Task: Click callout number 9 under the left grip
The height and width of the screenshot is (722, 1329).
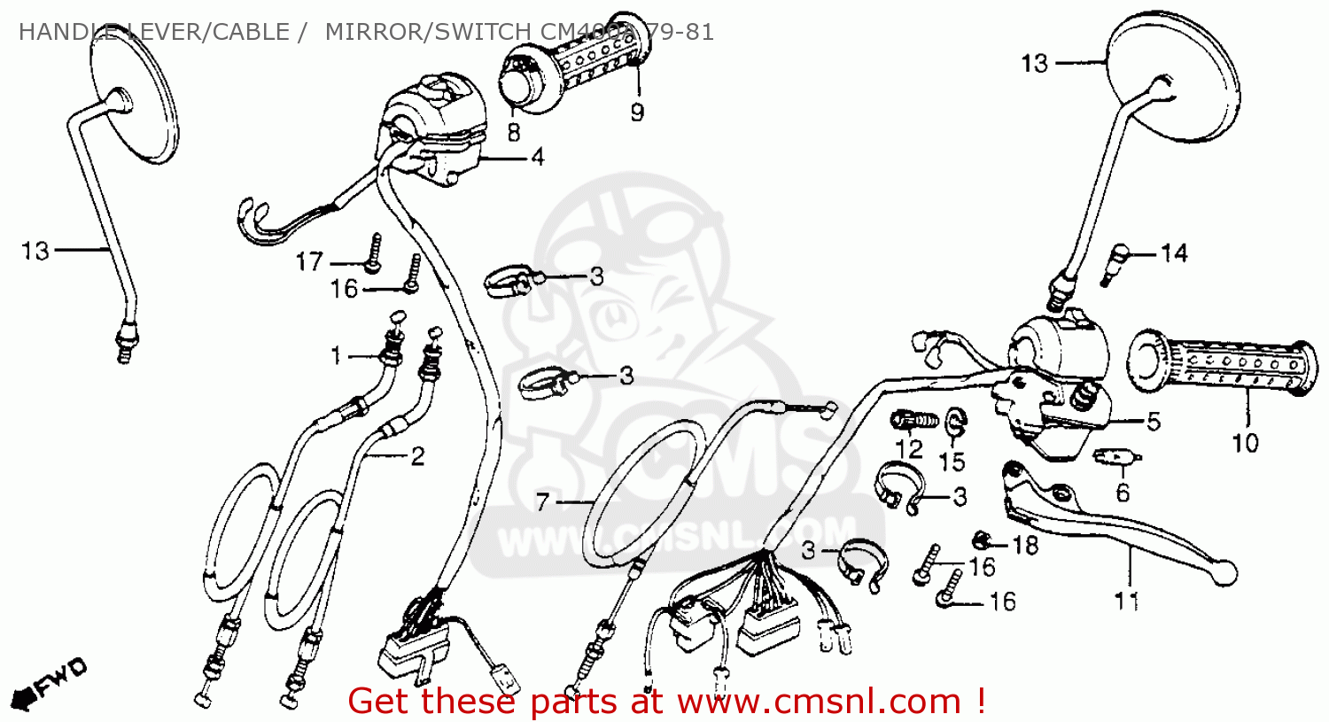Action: (637, 113)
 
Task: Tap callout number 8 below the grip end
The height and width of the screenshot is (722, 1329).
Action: (514, 132)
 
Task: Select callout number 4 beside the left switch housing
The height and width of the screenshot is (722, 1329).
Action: (538, 158)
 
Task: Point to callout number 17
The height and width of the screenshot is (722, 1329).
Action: (309, 262)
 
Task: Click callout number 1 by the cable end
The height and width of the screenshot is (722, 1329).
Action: (336, 356)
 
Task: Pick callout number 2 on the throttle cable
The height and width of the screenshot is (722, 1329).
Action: (416, 456)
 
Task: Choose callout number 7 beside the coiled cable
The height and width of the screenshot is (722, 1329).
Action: (543, 503)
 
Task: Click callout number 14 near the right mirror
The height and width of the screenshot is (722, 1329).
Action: (1174, 254)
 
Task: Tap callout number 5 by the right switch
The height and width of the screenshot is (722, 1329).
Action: (1153, 422)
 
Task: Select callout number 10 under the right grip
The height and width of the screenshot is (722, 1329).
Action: (1245, 442)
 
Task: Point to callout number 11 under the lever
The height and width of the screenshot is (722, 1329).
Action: (1126, 602)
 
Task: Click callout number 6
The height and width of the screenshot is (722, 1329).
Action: (1123, 492)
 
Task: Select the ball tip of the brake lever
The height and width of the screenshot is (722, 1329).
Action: (1226, 570)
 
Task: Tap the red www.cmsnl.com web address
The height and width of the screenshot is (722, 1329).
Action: (819, 702)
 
